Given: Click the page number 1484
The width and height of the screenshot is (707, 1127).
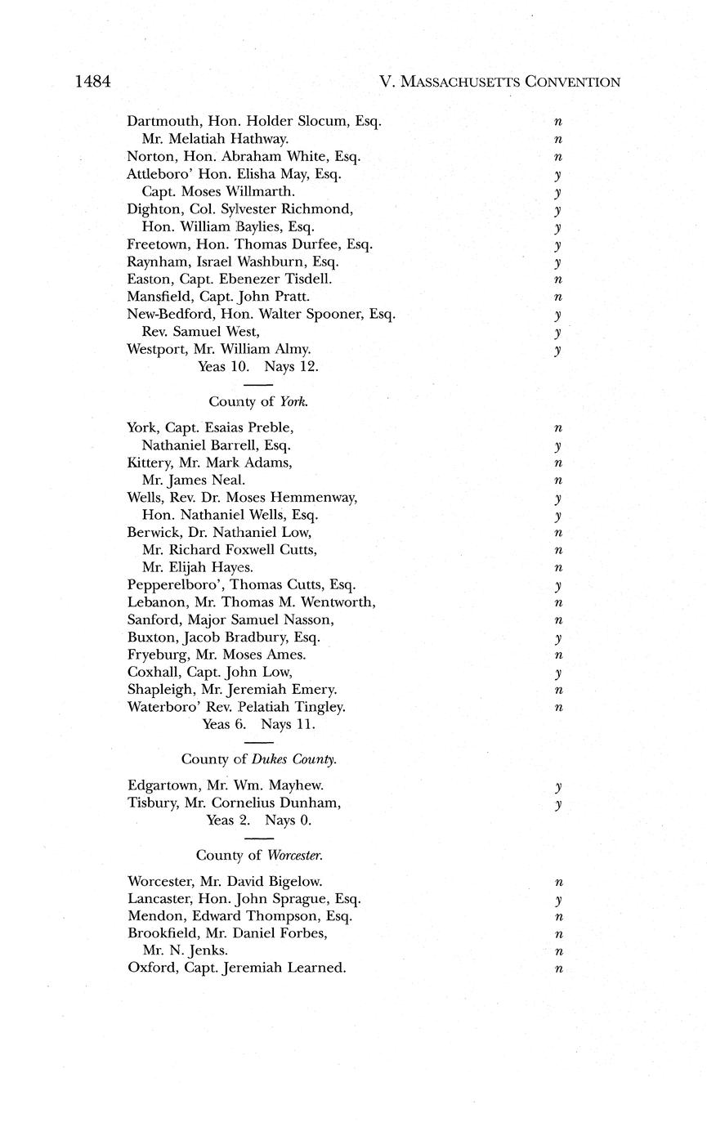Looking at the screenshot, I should (x=92, y=82).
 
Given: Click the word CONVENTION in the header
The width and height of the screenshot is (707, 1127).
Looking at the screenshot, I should (x=572, y=82).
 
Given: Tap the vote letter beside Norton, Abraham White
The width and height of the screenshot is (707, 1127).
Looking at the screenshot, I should (x=558, y=157).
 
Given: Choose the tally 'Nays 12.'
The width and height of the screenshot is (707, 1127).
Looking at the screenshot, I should (x=291, y=367).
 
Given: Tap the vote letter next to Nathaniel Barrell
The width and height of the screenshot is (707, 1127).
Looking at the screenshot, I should (x=557, y=447).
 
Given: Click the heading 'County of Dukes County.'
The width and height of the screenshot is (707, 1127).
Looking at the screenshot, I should (x=258, y=759).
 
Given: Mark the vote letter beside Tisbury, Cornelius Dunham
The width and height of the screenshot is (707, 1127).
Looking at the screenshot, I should (x=557, y=805).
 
